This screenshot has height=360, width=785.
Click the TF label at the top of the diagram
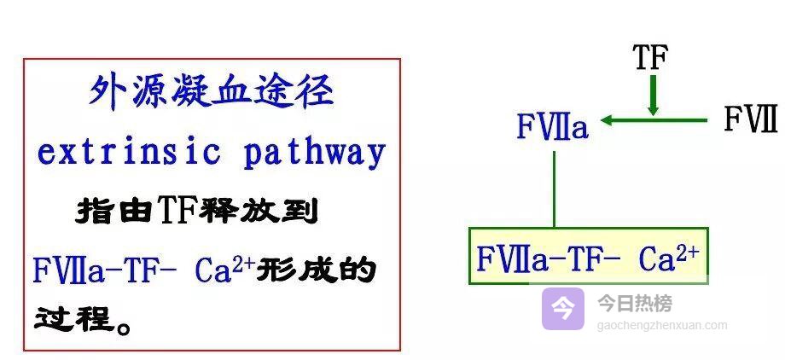click(x=650, y=57)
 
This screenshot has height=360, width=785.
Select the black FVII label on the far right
click(x=750, y=119)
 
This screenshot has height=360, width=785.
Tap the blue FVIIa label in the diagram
click(x=552, y=127)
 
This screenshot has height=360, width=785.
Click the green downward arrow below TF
click(x=653, y=95)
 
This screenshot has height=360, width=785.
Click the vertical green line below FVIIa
click(x=554, y=189)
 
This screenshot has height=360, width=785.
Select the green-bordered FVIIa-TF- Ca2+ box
click(x=588, y=256)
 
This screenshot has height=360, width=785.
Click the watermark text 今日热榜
click(x=634, y=303)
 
